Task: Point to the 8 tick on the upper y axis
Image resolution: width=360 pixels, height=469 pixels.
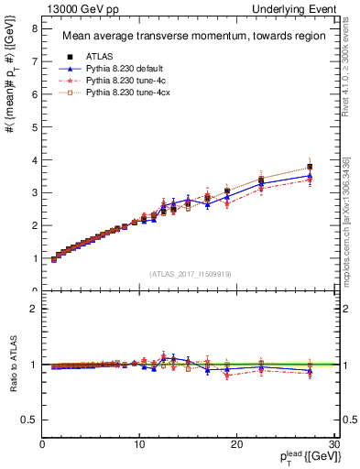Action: pyautogui.click(x=35, y=28)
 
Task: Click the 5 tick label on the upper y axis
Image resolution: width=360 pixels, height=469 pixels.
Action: pyautogui.click(x=35, y=127)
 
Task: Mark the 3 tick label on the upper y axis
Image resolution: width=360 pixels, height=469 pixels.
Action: pyautogui.click(x=35, y=192)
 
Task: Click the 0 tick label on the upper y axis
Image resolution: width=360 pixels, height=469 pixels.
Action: pyautogui.click(x=35, y=291)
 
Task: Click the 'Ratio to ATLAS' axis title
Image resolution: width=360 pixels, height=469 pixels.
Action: pyautogui.click(x=12, y=365)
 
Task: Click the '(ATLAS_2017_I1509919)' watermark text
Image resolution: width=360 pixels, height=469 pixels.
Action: pyautogui.click(x=188, y=274)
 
